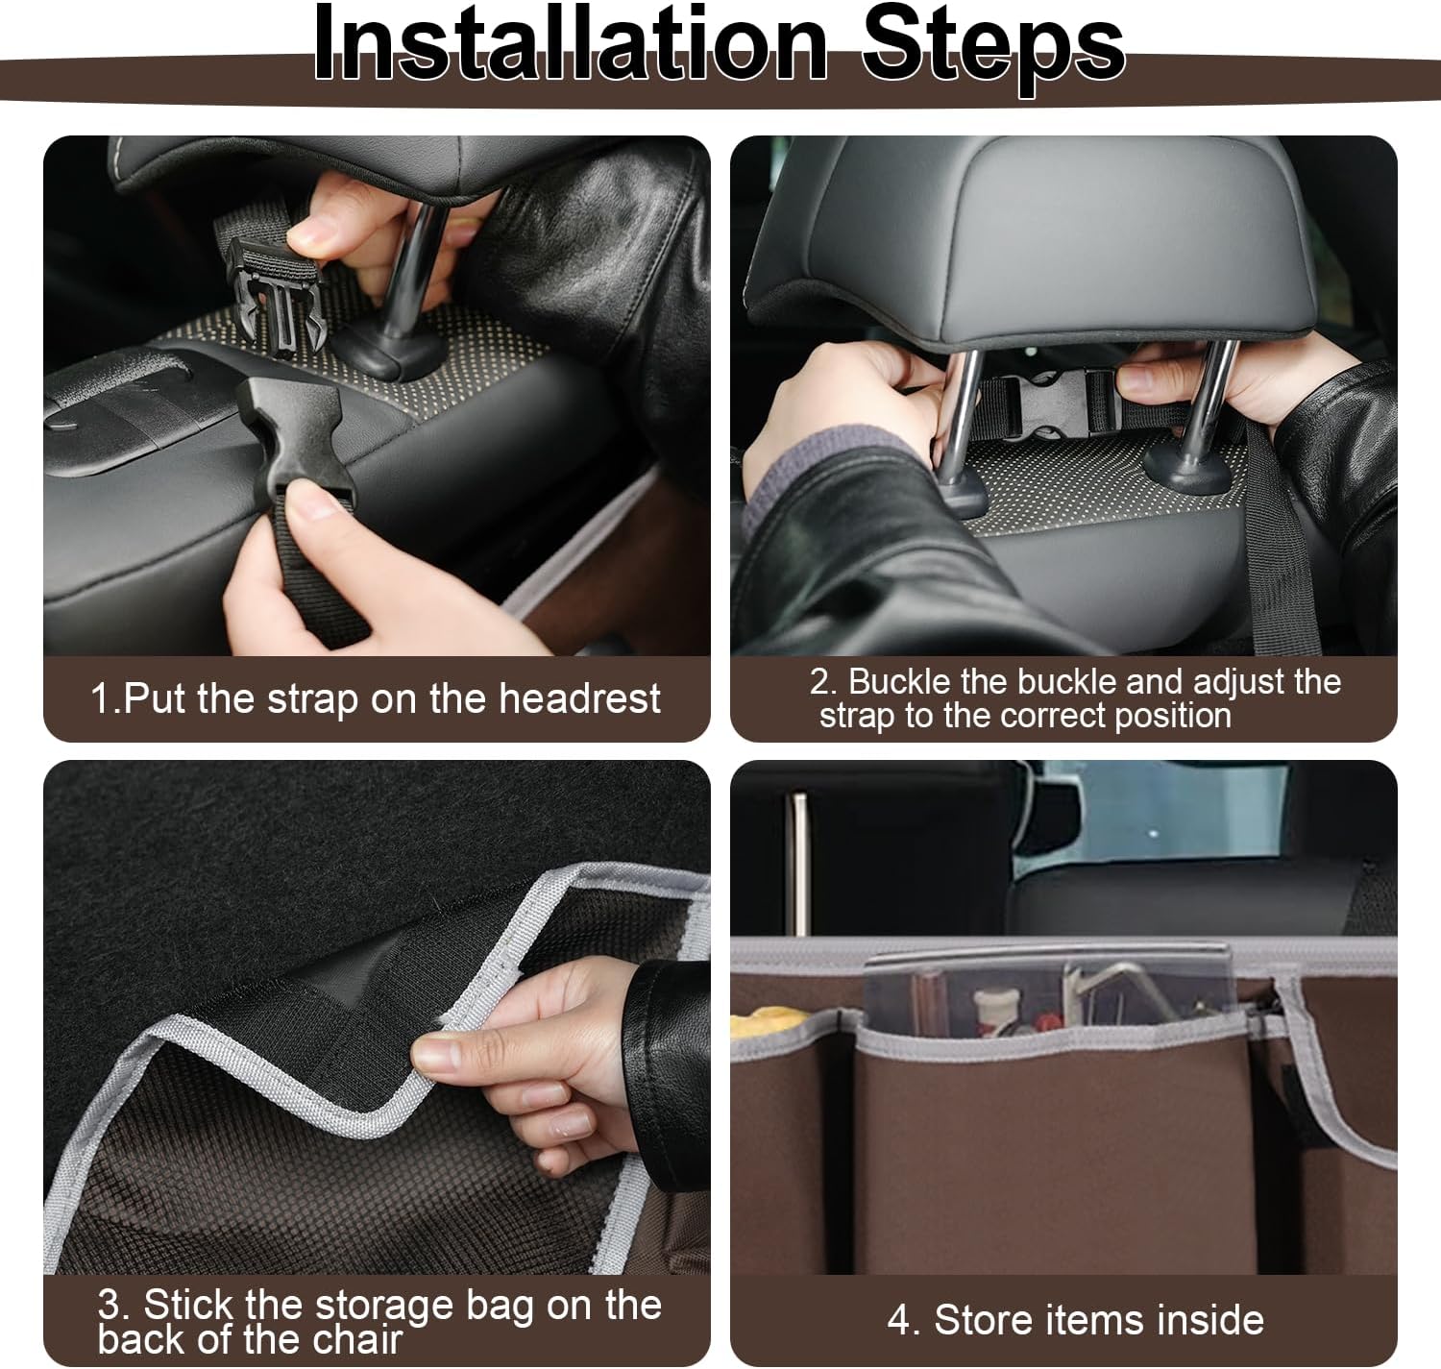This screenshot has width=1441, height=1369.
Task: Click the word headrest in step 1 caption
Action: [580, 697]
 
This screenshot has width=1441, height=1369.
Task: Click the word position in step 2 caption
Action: [1173, 717]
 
